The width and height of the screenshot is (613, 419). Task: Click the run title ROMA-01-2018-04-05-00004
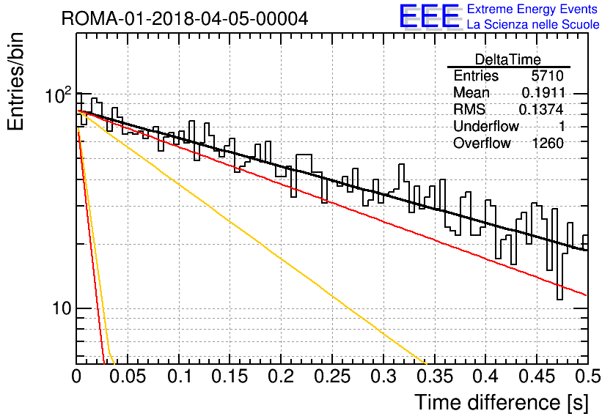click(185, 18)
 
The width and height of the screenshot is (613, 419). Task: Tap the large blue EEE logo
click(429, 16)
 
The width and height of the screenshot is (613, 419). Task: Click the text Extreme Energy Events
click(532, 9)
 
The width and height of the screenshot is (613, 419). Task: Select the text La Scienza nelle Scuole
click(533, 24)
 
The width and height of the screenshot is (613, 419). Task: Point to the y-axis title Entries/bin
click(15, 81)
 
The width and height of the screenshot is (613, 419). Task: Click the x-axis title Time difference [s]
click(502, 402)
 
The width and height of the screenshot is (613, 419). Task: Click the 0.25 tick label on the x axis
click(333, 376)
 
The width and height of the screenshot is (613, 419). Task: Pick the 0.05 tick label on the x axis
click(127, 376)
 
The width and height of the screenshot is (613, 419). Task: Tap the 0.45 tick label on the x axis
click(537, 376)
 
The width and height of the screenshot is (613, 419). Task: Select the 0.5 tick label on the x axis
click(588, 376)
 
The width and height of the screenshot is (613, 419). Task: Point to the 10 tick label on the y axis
click(62, 308)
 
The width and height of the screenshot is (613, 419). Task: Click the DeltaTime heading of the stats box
click(507, 59)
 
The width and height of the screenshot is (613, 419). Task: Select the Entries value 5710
click(547, 75)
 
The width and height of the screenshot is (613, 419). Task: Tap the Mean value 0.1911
click(543, 92)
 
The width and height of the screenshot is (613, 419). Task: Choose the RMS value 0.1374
click(541, 110)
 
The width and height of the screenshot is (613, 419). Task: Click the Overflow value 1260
click(548, 144)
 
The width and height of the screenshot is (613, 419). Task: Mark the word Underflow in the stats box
click(486, 126)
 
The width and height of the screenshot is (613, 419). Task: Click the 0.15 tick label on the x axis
click(230, 376)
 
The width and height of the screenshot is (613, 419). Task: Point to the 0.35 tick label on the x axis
click(435, 376)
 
